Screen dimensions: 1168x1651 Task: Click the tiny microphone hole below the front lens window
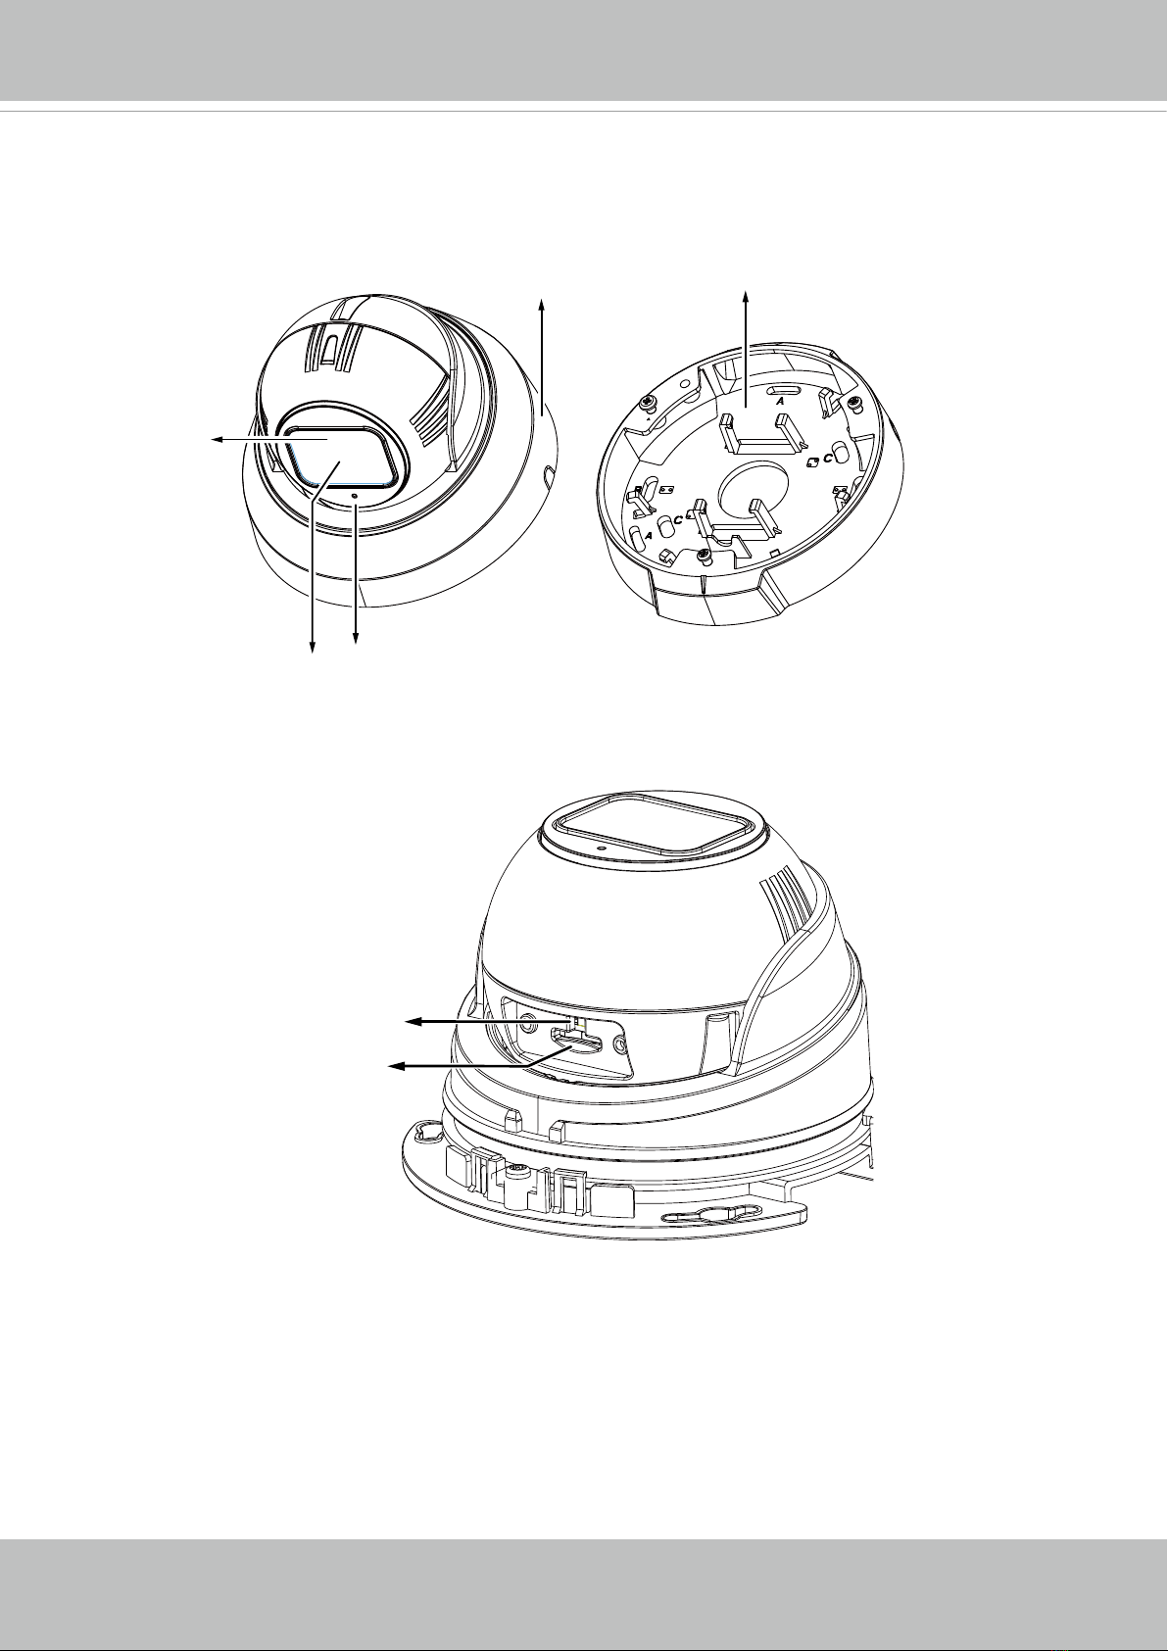click(x=357, y=496)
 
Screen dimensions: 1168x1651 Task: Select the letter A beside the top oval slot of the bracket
click(x=780, y=403)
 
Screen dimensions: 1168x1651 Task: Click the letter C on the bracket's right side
click(x=828, y=458)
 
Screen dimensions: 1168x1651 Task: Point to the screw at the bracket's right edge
click(x=855, y=403)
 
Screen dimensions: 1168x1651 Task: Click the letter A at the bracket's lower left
click(x=650, y=536)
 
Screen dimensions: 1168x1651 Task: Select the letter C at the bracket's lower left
click(x=677, y=519)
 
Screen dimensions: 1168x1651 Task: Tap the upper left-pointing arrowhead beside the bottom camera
click(x=415, y=1022)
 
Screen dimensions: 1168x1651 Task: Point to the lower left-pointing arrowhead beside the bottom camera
click(x=397, y=1066)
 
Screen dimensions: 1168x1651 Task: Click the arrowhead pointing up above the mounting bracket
click(x=745, y=296)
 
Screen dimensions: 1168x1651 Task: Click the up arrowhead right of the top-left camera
click(x=543, y=304)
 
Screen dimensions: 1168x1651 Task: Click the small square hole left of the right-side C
click(x=813, y=462)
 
